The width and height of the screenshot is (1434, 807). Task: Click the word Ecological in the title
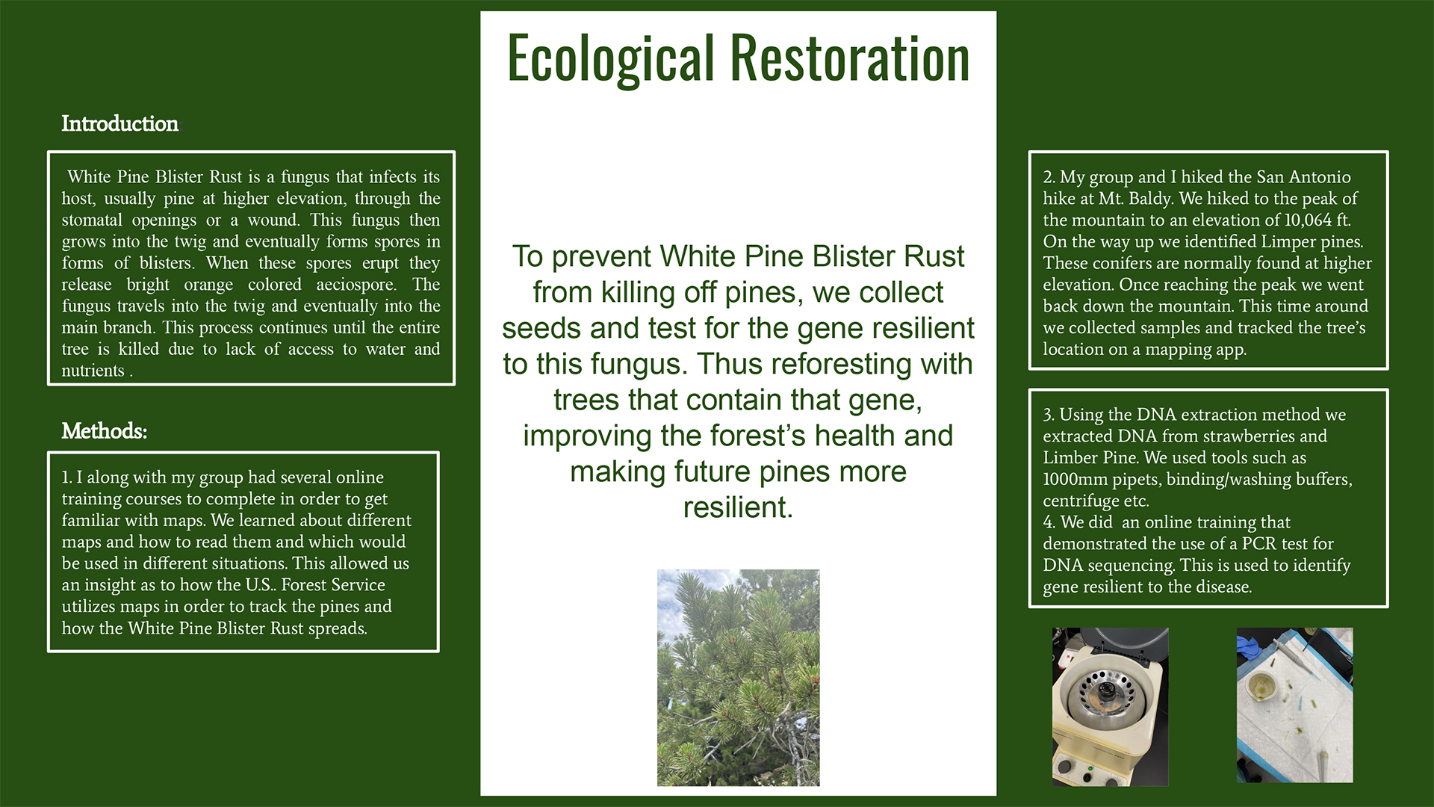pos(611,59)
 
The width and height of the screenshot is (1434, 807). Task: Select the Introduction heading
pos(119,123)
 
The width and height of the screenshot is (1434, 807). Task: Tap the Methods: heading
pos(104,431)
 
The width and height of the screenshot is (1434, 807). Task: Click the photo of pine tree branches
pos(738,678)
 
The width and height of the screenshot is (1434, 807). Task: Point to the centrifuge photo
pos(1110,706)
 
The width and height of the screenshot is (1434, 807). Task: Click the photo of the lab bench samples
pos(1294,705)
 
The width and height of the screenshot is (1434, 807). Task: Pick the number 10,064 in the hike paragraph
pos(1308,220)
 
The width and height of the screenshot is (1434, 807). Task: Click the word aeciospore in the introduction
pos(356,285)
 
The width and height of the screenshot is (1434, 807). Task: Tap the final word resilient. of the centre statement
pos(738,507)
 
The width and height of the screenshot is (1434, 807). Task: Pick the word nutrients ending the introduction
pos(93,371)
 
